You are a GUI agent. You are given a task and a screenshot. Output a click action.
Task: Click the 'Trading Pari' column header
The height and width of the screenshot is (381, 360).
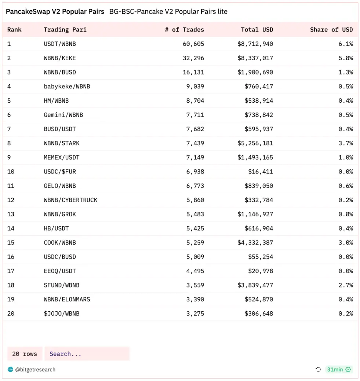pyautogui.click(x=65, y=30)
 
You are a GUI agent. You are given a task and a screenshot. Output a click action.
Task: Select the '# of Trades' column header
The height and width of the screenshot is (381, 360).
pyautogui.click(x=184, y=30)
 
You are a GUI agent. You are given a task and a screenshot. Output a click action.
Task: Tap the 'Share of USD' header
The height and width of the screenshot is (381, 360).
pyautogui.click(x=331, y=30)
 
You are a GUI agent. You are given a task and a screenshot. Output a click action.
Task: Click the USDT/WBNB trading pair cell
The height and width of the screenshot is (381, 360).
pyautogui.click(x=60, y=44)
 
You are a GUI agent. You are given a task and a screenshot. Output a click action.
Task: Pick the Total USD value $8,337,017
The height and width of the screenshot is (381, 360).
pyautogui.click(x=255, y=58)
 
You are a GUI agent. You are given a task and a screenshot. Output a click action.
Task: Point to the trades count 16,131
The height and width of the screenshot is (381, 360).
pyautogui.click(x=193, y=72)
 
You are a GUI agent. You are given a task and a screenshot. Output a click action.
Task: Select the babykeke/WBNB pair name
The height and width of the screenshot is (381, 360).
pyautogui.click(x=67, y=87)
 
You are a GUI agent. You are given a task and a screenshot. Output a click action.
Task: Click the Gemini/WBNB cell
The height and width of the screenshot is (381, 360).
pyautogui.click(x=63, y=115)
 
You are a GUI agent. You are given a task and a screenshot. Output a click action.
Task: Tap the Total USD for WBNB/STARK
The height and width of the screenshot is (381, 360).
pyautogui.click(x=255, y=143)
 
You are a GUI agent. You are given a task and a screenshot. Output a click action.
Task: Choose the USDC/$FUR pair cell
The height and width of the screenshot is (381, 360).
pyautogui.click(x=60, y=172)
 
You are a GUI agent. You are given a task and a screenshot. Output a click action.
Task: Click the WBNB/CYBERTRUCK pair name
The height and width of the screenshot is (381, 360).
pyautogui.click(x=70, y=200)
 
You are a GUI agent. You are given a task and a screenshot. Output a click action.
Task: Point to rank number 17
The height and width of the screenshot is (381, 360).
pyautogui.click(x=11, y=271)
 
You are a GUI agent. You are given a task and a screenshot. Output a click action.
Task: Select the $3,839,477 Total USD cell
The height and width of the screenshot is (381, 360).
pyautogui.click(x=255, y=285)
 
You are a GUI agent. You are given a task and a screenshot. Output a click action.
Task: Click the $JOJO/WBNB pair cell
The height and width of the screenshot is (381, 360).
pyautogui.click(x=62, y=314)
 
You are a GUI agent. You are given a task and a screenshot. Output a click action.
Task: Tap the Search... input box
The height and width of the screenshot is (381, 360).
pyautogui.click(x=87, y=354)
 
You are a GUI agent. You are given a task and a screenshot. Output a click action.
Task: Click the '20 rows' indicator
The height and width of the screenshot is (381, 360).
pyautogui.click(x=25, y=354)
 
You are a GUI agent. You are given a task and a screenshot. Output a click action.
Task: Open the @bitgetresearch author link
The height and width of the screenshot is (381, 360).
pyautogui.click(x=35, y=370)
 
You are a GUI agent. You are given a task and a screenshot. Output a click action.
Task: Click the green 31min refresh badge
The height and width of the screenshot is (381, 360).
pyautogui.click(x=339, y=370)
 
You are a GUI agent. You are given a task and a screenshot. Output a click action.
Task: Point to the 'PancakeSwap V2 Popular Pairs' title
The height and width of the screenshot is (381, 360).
pyautogui.click(x=55, y=12)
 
